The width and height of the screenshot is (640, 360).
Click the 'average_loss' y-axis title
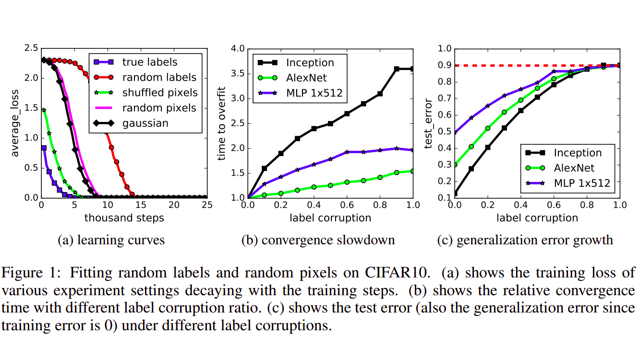(x=15, y=122)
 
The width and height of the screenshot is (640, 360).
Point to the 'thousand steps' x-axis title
(x=124, y=218)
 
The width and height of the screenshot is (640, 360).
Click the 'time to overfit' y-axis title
(x=221, y=122)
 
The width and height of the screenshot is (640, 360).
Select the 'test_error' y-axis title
(x=429, y=122)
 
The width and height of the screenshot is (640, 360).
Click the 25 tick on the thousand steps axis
(x=207, y=205)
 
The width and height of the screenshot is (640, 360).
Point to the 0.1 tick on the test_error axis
(x=445, y=198)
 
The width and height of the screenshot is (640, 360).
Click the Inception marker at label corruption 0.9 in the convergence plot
(x=397, y=69)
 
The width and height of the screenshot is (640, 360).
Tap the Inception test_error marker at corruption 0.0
(x=454, y=193)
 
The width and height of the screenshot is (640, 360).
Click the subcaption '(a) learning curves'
(x=111, y=240)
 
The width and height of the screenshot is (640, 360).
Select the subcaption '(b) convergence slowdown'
(x=318, y=240)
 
